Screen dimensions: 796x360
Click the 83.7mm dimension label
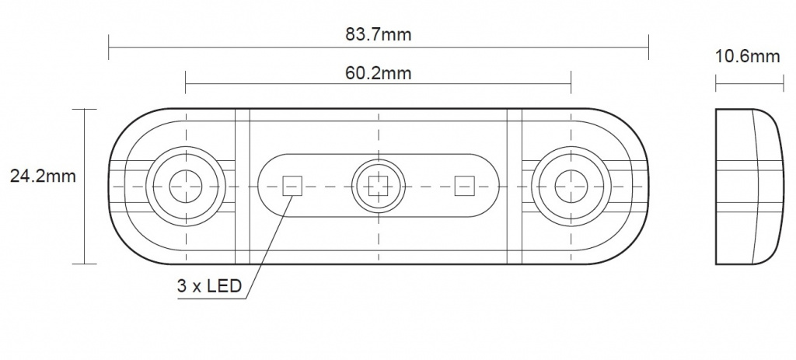tap(379, 34)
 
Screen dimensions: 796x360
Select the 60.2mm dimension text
tap(379, 73)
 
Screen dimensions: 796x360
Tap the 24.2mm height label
tap(44, 177)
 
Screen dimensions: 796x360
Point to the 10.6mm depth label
tap(747, 56)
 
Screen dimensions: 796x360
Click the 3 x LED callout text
tap(209, 286)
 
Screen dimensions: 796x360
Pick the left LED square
tap(292, 186)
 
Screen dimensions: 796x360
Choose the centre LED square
tap(379, 186)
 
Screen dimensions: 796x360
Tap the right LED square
tap(465, 186)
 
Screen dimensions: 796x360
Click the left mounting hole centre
tap(186, 187)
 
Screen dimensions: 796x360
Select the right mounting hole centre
tap(571, 187)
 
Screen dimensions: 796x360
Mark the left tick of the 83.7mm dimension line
tap(109, 47)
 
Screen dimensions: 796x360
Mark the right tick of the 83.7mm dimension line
tap(648, 47)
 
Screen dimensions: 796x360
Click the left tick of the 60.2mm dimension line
tap(186, 82)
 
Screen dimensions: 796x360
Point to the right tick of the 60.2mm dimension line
tap(571, 82)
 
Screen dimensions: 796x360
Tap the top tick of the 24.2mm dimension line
tap(84, 109)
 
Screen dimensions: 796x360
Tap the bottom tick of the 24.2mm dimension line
tap(84, 264)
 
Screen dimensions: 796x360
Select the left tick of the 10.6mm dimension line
tap(716, 83)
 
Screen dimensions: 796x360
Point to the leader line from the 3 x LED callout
tap(268, 246)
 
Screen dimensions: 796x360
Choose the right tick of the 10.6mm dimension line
tap(784, 83)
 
